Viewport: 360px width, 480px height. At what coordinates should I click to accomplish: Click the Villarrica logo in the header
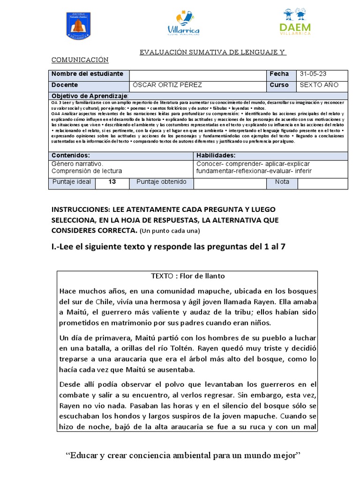click(x=183, y=24)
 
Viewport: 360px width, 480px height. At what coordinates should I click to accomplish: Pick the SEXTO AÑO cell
click(x=318, y=85)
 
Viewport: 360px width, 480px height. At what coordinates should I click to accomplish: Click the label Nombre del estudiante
click(x=87, y=74)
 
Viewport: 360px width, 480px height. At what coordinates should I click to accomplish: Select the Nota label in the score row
click(x=282, y=182)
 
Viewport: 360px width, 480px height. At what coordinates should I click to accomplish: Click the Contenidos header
click(x=70, y=155)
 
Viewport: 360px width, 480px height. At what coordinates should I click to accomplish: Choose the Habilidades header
click(x=216, y=155)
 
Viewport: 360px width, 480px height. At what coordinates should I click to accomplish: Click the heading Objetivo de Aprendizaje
click(x=89, y=95)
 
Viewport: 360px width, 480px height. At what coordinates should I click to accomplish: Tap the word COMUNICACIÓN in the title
click(x=80, y=60)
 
